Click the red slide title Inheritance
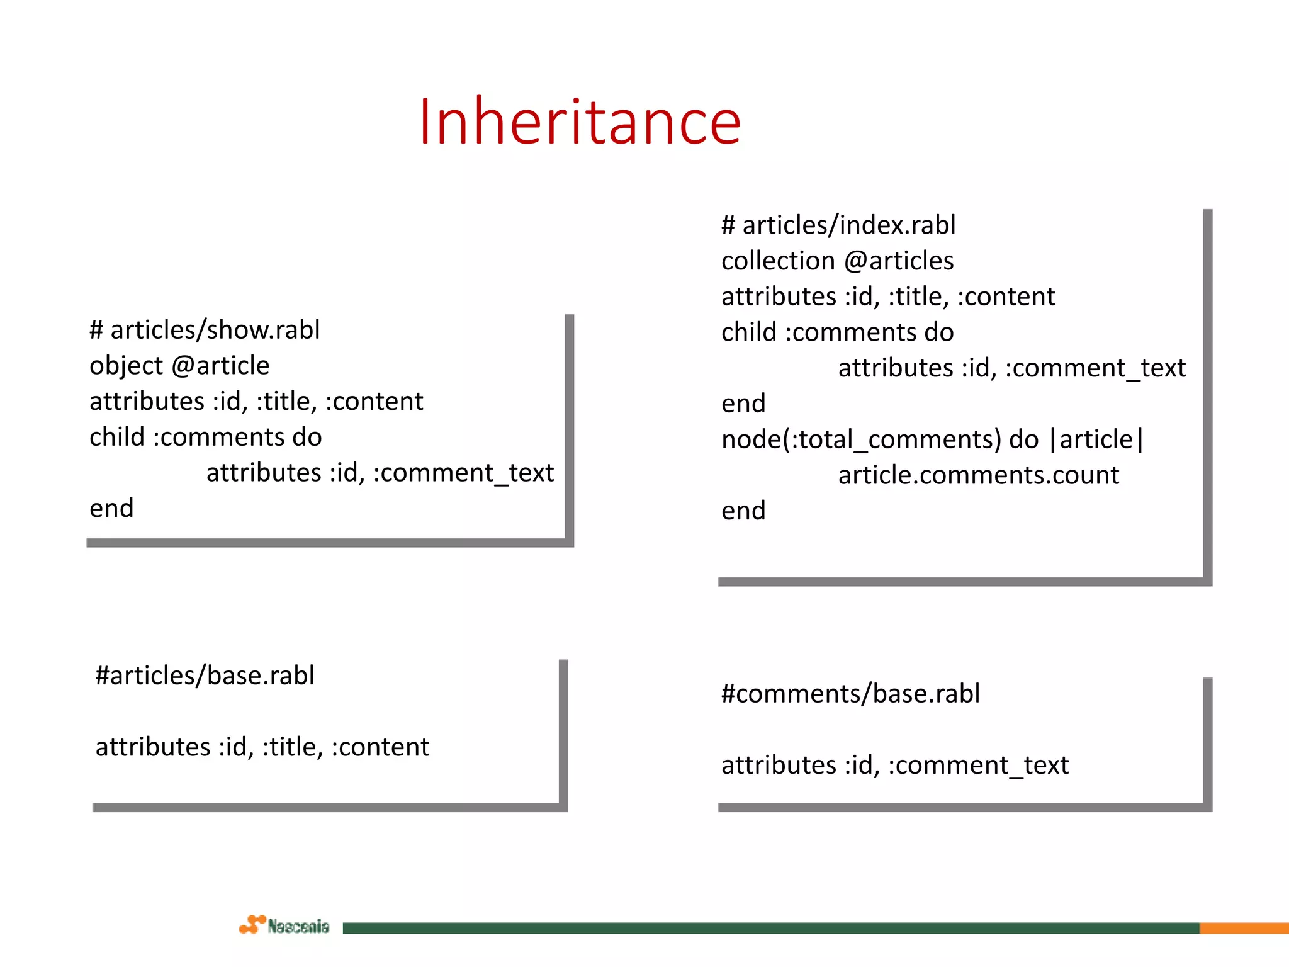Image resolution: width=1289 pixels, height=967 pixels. click(x=580, y=122)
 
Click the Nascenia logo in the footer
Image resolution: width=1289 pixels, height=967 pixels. click(x=284, y=925)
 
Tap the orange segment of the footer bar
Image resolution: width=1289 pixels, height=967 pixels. click(x=1244, y=928)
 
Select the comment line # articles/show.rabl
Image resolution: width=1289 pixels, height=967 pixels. click(x=205, y=330)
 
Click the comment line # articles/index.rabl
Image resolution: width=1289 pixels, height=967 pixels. click(x=838, y=225)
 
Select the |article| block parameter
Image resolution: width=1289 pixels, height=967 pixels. click(x=1096, y=439)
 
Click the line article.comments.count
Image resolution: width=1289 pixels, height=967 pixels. click(x=978, y=475)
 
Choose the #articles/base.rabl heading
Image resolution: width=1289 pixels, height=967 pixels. click(x=205, y=676)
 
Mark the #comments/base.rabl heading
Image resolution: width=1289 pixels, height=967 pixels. click(x=850, y=694)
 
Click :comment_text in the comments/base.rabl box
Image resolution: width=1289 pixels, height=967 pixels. click(x=978, y=766)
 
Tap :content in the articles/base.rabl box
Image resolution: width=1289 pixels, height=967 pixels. click(x=380, y=747)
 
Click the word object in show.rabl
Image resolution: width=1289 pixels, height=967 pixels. click(x=126, y=366)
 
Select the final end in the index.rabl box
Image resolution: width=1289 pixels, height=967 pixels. click(x=743, y=511)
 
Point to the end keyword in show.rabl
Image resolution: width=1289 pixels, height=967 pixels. click(x=111, y=509)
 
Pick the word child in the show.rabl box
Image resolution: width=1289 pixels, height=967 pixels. click(x=117, y=437)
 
